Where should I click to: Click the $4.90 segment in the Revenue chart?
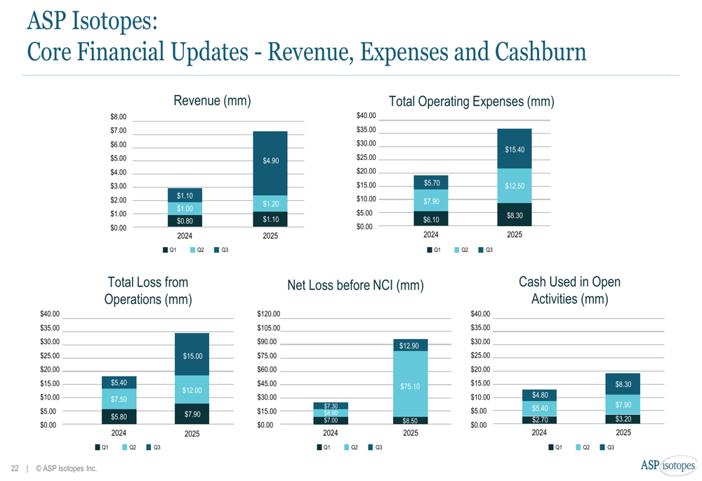(x=270, y=162)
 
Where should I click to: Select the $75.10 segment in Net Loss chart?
(x=411, y=386)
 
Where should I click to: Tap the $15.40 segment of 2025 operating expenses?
(x=515, y=150)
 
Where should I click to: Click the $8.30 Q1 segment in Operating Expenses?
(x=515, y=216)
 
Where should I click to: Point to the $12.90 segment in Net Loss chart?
(x=411, y=345)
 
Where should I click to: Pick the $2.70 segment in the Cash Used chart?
(x=539, y=420)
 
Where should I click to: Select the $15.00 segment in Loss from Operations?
(x=192, y=356)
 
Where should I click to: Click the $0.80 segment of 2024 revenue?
(x=185, y=221)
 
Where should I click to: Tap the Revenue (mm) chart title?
(x=212, y=101)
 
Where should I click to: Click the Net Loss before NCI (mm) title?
(x=355, y=286)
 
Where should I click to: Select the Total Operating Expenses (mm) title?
(x=471, y=102)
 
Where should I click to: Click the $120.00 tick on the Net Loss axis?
(x=269, y=314)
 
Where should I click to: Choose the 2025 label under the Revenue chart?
(x=270, y=236)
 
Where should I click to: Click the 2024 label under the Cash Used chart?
(x=539, y=433)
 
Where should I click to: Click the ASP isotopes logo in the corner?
(x=668, y=466)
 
